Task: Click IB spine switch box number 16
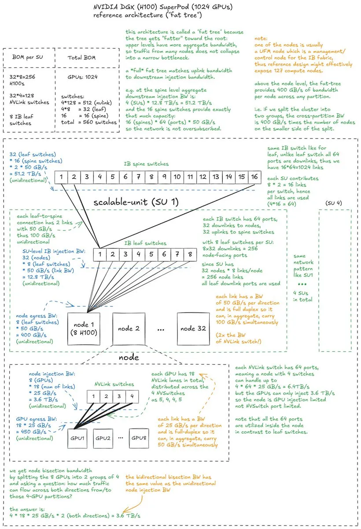click(x=254, y=177)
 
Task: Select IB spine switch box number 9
click(x=164, y=177)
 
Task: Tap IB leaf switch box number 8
click(x=190, y=254)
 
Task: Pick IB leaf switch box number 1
click(x=100, y=254)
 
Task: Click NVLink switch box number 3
click(x=119, y=396)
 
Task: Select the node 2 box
click(x=129, y=329)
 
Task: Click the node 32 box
click(x=193, y=329)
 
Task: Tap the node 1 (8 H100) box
click(x=84, y=329)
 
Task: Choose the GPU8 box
click(x=139, y=438)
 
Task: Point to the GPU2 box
click(x=103, y=438)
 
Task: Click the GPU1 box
click(x=77, y=438)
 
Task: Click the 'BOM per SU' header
click(x=28, y=57)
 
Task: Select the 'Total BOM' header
click(x=81, y=58)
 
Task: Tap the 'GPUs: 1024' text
click(x=82, y=77)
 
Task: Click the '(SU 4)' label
click(x=333, y=203)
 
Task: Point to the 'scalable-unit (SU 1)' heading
click(x=136, y=202)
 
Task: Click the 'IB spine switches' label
click(x=146, y=164)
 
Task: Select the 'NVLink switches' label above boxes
click(x=114, y=384)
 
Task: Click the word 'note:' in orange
click(x=261, y=38)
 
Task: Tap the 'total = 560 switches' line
click(x=89, y=123)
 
